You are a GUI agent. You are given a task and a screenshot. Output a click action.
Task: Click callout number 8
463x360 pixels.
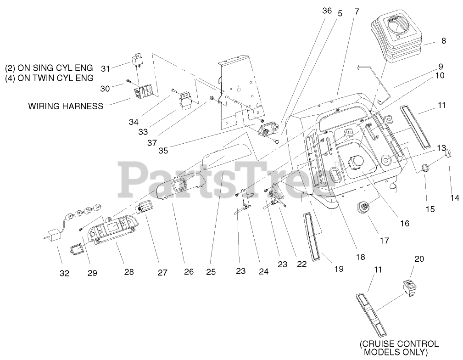point(443,41)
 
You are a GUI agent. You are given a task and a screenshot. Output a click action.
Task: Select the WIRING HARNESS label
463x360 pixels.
point(66,106)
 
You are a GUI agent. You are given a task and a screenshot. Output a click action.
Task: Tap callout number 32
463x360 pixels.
point(64,273)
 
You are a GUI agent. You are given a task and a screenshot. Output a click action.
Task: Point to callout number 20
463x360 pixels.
point(419,259)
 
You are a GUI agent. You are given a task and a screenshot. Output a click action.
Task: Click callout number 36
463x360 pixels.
point(326,11)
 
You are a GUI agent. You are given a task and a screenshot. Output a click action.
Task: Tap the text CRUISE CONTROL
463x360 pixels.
point(399,343)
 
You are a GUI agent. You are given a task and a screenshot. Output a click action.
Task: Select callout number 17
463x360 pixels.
point(384,240)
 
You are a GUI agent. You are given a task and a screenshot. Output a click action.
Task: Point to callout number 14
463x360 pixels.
point(454,198)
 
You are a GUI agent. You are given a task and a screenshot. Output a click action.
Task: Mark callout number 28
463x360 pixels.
point(129,272)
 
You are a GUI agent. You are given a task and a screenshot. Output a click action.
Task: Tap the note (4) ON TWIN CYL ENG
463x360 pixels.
point(49,78)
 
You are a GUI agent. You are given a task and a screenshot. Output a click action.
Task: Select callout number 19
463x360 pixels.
point(338,269)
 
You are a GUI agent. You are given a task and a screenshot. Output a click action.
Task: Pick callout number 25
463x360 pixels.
point(211,271)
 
